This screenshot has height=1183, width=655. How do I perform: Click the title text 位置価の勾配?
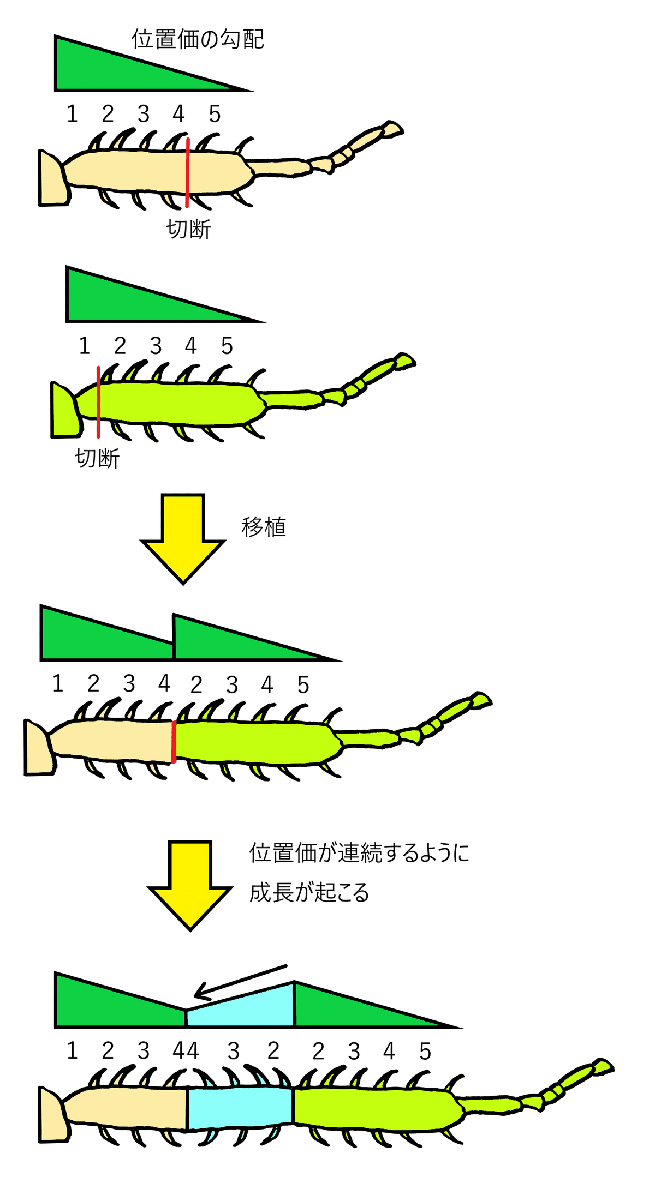pyautogui.click(x=198, y=39)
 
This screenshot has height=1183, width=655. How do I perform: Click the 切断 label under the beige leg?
pyautogui.click(x=189, y=229)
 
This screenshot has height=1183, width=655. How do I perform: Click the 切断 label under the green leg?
pyautogui.click(x=97, y=458)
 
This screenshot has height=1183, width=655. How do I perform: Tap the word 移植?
pyautogui.click(x=264, y=527)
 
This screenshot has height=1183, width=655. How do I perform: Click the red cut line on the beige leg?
pyautogui.click(x=187, y=173)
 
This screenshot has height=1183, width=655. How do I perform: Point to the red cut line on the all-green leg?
pyautogui.click(x=98, y=402)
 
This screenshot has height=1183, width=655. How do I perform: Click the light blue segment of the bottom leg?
pyautogui.click(x=240, y=1108)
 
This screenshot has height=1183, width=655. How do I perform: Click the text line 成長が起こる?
pyautogui.click(x=309, y=893)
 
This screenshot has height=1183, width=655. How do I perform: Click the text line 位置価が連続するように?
pyautogui.click(x=360, y=853)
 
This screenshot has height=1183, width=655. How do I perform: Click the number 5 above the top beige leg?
pyautogui.click(x=215, y=114)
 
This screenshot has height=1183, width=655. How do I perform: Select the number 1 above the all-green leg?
pyautogui.click(x=84, y=346)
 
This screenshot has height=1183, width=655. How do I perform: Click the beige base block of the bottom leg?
pyautogui.click(x=53, y=1113)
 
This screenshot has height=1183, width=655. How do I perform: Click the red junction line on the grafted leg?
pyautogui.click(x=174, y=742)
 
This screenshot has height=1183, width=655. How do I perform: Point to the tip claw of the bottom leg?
pyautogui.click(x=604, y=1067)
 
